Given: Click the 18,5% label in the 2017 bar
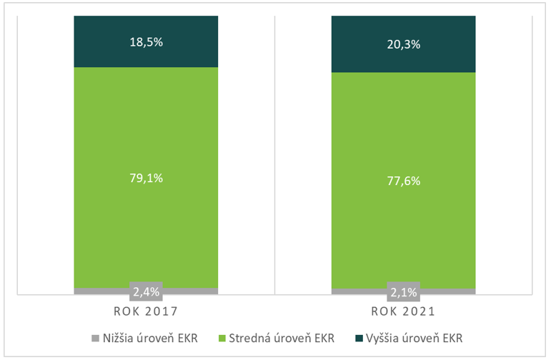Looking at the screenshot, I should click(146, 42).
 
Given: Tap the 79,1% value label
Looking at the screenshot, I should click(146, 178).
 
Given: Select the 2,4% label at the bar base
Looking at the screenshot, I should click(146, 291).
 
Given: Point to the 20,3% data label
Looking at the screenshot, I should click(403, 44).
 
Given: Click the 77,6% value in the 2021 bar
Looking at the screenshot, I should click(403, 181).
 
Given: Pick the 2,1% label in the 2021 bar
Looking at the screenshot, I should click(403, 291).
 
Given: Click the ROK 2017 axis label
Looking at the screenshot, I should click(146, 312).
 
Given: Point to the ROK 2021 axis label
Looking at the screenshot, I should click(403, 312).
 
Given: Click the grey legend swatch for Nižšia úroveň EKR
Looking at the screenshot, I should click(96, 336).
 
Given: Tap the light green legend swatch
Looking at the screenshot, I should click(222, 336).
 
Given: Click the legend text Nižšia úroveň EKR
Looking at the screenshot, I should click(152, 336).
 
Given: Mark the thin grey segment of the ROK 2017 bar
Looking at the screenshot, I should click(100, 291).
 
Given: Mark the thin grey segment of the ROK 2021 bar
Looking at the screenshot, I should click(357, 291).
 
